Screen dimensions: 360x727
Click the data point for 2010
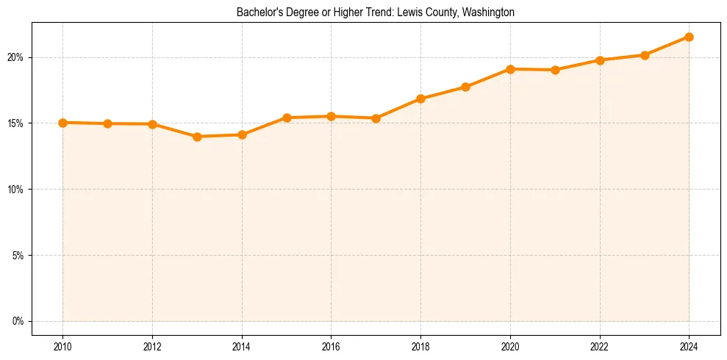pos(62,123)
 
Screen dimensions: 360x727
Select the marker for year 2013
pos(197,137)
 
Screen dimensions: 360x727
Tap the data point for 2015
pos(287,118)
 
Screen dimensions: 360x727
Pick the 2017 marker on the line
pos(376,118)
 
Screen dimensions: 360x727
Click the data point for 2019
pos(465,87)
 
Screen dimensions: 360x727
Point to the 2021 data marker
pos(555,70)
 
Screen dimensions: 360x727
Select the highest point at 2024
pos(689,37)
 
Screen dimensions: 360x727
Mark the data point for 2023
pos(645,55)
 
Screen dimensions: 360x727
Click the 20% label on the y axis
pos(17,57)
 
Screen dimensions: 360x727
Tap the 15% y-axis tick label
pos(17,123)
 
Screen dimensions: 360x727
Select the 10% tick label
pos(17,190)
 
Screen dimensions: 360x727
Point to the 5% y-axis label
pos(18,256)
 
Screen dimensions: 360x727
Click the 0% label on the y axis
pos(18,321)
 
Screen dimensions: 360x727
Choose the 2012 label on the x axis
pos(152,346)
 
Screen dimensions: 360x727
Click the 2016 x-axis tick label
pos(331,346)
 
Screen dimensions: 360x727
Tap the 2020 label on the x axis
pos(510,346)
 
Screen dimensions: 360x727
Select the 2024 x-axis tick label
pos(689,346)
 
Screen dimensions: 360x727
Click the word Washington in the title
pos(488,12)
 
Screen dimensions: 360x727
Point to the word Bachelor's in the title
pos(257,12)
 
